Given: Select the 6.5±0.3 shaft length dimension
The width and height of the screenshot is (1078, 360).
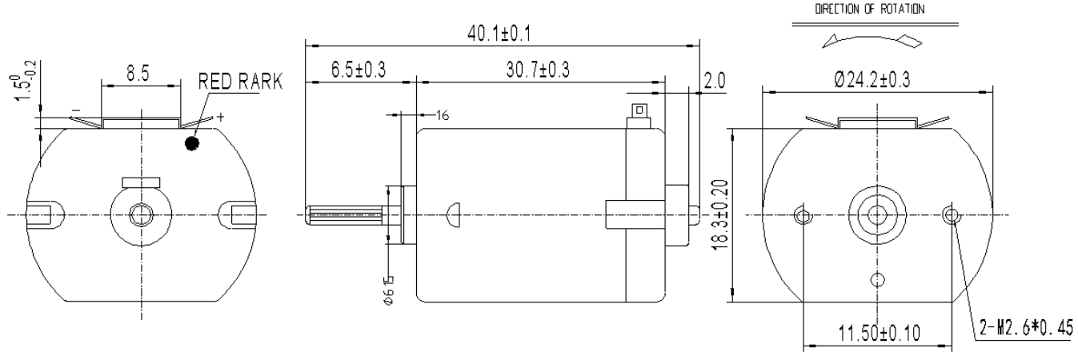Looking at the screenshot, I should (358, 70).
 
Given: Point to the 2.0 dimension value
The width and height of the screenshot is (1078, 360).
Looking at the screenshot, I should (715, 82).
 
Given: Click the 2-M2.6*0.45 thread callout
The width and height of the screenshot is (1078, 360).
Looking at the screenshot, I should (1027, 327).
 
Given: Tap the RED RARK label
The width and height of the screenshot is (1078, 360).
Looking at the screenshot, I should (240, 82).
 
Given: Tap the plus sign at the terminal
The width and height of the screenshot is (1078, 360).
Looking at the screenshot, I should (221, 117).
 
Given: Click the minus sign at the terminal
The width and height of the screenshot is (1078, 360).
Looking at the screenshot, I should (75, 110).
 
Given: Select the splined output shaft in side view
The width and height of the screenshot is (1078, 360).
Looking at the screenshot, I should (347, 214).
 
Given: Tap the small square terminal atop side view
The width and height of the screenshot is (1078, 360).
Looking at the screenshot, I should (638, 110).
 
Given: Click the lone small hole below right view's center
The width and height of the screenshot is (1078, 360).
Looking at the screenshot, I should (879, 278).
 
